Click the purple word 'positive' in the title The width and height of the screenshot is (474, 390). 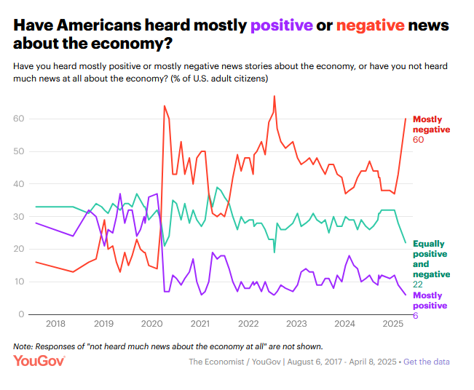(282, 25)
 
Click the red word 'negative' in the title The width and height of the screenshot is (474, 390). (371, 25)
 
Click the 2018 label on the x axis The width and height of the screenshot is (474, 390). (55, 324)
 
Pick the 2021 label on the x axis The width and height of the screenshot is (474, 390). (200, 324)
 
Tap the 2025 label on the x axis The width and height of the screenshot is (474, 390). (392, 324)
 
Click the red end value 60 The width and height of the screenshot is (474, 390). (419, 138)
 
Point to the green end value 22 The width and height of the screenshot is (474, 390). (419, 284)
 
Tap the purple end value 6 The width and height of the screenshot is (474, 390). (416, 315)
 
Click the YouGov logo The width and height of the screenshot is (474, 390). (39, 360)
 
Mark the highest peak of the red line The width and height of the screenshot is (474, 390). (274, 96)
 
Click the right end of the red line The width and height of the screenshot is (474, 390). (406, 119)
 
